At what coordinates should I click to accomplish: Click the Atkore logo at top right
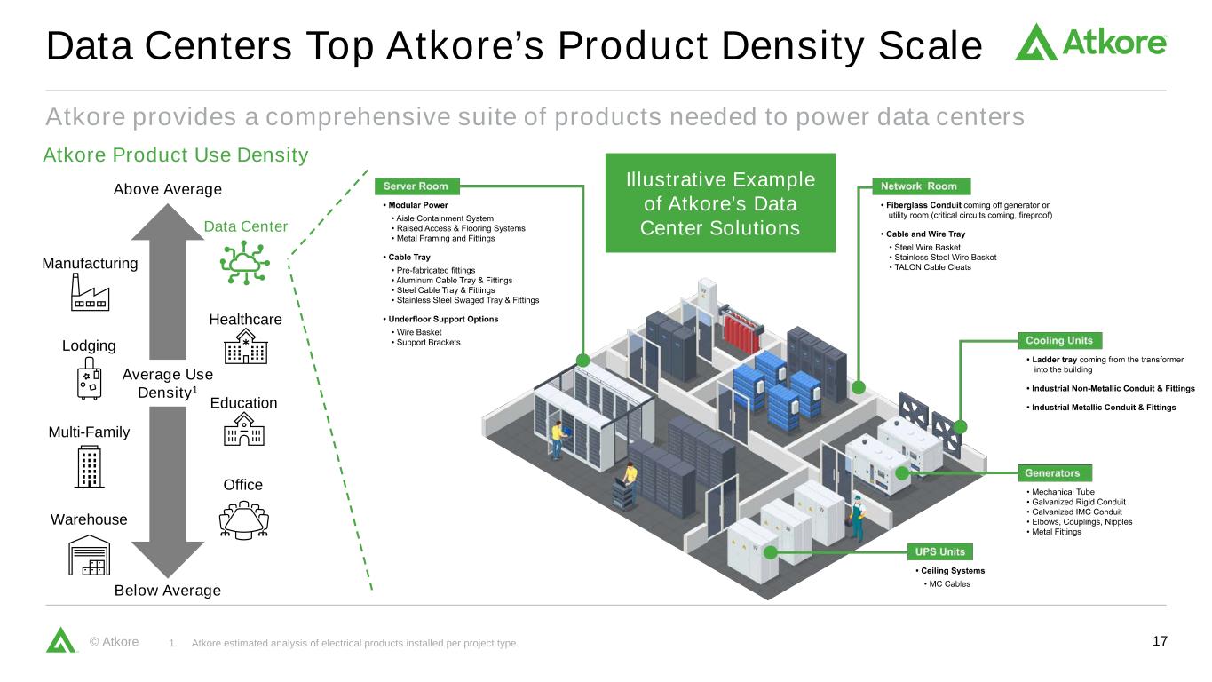coord(1090,42)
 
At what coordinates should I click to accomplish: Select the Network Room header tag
coord(920,186)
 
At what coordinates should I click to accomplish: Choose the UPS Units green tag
coord(939,551)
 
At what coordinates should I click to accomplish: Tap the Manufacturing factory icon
coord(90,292)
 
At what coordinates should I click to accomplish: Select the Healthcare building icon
coord(245,348)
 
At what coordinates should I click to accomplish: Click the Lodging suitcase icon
coord(89,379)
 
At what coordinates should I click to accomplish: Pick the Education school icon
coord(243,432)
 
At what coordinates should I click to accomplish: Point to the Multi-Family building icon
coord(89,466)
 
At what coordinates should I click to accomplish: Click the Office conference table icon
coord(243,519)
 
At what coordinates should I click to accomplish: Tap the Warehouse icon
coord(90,555)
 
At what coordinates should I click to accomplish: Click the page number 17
coord(1159,642)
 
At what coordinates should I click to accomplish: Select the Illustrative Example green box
coord(720,203)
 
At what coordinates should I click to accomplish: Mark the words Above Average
coord(168,189)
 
